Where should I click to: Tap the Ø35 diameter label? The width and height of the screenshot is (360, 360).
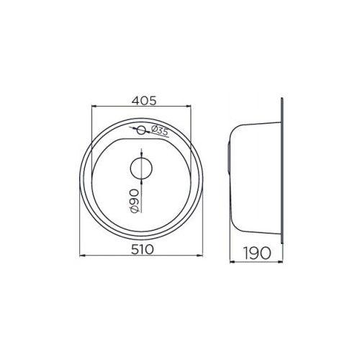(160, 131)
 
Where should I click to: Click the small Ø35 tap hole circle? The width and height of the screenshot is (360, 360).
(142, 130)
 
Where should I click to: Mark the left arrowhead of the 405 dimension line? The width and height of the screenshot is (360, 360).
(92, 108)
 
